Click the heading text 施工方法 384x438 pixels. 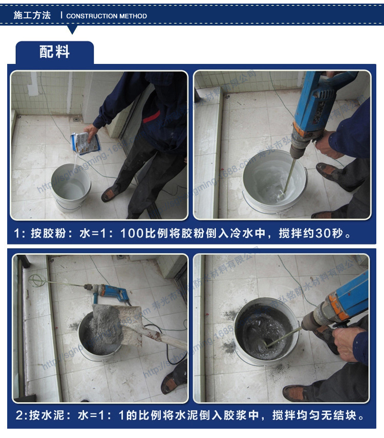pos(32,15)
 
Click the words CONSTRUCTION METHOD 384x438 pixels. pos(106,16)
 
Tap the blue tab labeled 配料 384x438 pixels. pos(54,52)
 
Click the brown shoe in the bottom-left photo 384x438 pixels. pos(173,383)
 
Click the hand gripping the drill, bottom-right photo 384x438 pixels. pos(350,343)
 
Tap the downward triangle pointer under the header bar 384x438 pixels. pos(72,30)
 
